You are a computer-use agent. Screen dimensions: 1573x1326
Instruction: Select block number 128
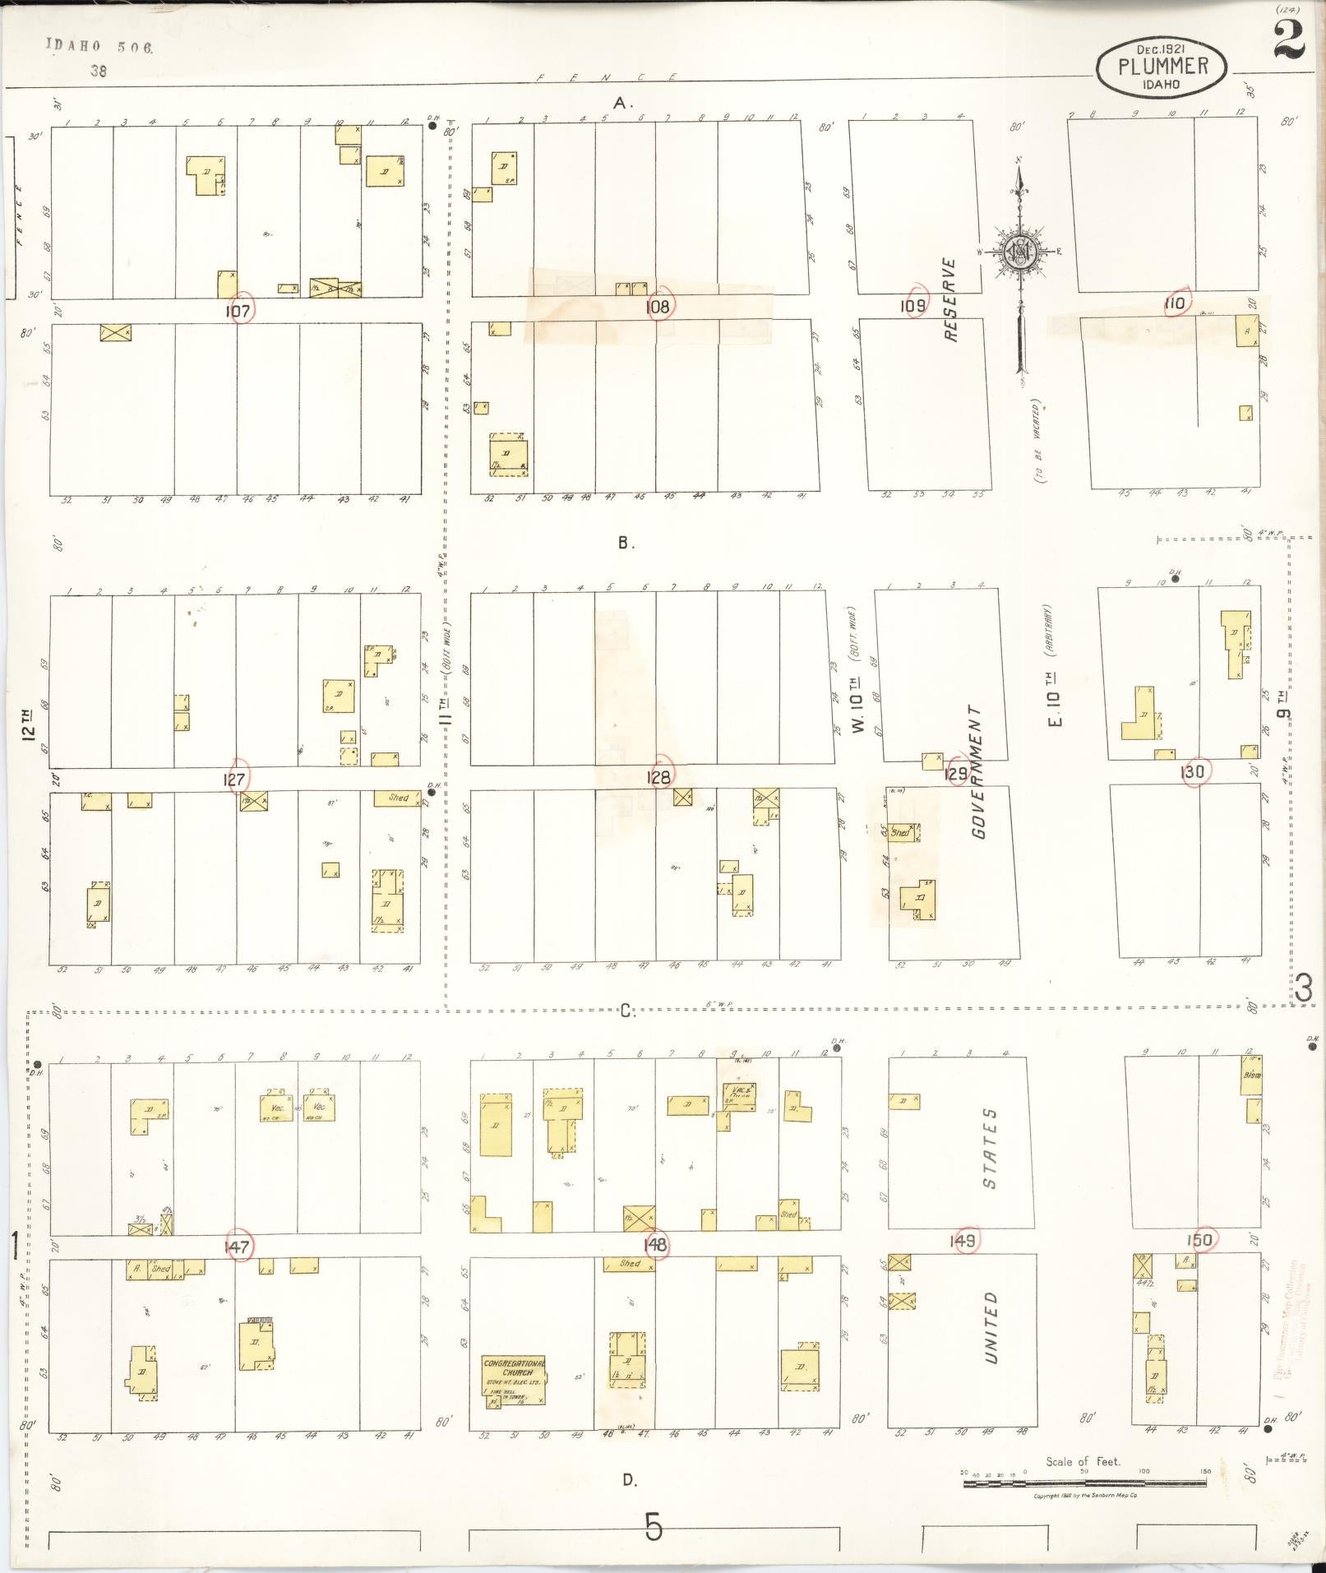pos(658,776)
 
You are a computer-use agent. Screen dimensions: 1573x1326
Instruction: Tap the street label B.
pos(625,543)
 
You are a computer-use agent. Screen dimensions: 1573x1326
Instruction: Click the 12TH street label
pos(29,722)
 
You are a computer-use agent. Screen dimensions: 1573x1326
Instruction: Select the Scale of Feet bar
pos(1083,1483)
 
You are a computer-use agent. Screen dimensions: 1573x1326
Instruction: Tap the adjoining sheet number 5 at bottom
pos(653,1529)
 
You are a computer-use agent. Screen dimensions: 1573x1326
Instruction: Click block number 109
pos(912,306)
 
